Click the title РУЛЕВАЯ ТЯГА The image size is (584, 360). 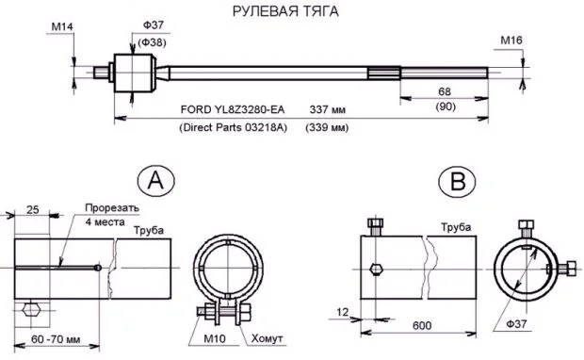(285, 11)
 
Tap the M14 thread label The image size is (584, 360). (62, 26)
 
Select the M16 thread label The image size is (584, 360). (511, 41)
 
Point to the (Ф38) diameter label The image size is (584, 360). (152, 42)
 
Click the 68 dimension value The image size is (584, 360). (445, 91)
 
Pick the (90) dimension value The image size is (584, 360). (446, 106)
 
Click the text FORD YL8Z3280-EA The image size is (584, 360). (233, 109)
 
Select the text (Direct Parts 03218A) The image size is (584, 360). (234, 127)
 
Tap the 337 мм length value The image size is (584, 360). (328, 110)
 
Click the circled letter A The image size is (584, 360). (156, 181)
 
